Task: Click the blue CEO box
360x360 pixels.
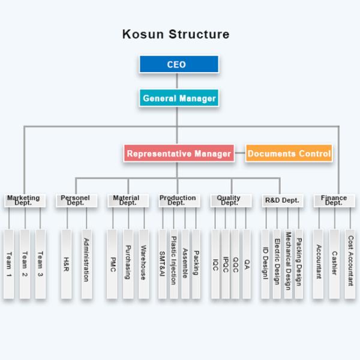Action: pyautogui.click(x=178, y=64)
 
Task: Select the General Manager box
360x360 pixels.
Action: pyautogui.click(x=179, y=98)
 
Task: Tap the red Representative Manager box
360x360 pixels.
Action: pyautogui.click(x=179, y=154)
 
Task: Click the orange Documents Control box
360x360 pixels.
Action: pyautogui.click(x=289, y=154)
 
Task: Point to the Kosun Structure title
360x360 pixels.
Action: pyautogui.click(x=176, y=34)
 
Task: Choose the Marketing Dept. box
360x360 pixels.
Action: pyautogui.click(x=24, y=200)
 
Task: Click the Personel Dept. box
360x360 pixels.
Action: pyautogui.click(x=76, y=200)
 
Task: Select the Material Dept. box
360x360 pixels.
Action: pyautogui.click(x=127, y=200)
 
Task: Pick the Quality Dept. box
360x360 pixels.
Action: pyautogui.click(x=229, y=200)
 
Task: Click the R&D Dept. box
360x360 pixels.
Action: pyautogui.click(x=281, y=200)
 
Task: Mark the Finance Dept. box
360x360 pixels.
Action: pyautogui.click(x=334, y=200)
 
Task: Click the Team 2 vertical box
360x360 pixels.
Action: pyautogui.click(x=25, y=264)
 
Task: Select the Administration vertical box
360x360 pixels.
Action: pyautogui.click(x=86, y=264)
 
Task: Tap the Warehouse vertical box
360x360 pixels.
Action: pyautogui.click(x=143, y=264)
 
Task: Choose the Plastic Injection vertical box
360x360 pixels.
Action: pyautogui.click(x=173, y=264)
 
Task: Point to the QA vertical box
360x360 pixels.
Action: pyautogui.click(x=246, y=264)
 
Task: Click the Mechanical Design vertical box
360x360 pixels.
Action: pyautogui.click(x=287, y=264)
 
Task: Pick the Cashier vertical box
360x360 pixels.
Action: pyautogui.click(x=334, y=264)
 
